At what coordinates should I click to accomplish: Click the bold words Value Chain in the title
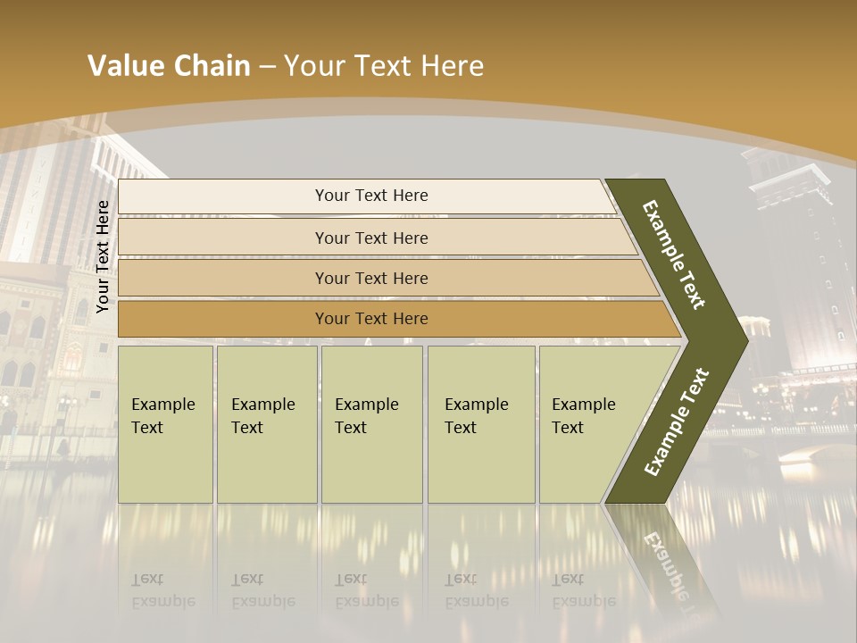(x=169, y=66)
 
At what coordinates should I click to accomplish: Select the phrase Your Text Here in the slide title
(x=384, y=66)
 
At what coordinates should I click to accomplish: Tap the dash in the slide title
(x=267, y=67)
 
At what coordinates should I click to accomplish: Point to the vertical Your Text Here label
(x=104, y=257)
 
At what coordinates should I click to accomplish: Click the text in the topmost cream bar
(x=371, y=196)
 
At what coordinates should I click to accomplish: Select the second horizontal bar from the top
(x=371, y=238)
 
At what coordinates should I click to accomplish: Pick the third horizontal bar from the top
(x=371, y=278)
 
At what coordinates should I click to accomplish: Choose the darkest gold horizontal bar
(x=371, y=319)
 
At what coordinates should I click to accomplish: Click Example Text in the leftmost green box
(x=162, y=416)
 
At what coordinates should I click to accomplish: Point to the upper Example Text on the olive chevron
(x=674, y=255)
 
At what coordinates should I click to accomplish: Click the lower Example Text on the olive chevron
(x=677, y=422)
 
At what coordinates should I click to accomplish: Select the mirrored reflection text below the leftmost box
(x=162, y=590)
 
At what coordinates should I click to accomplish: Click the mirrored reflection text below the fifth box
(x=583, y=590)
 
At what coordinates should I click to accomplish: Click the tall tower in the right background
(x=799, y=268)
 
